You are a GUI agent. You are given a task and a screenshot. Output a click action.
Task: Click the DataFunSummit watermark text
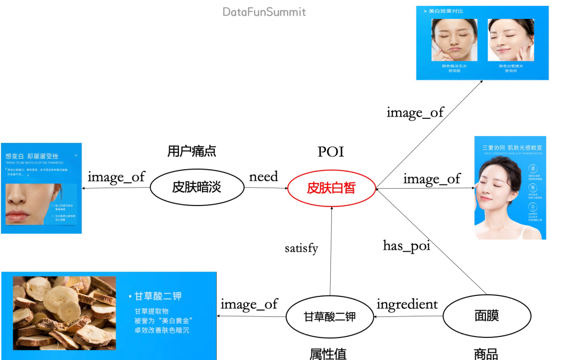pyautogui.click(x=264, y=12)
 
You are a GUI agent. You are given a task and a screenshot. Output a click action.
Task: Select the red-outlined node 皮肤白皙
pyautogui.click(x=331, y=188)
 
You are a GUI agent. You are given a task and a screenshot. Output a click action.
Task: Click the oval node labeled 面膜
pyautogui.click(x=486, y=315)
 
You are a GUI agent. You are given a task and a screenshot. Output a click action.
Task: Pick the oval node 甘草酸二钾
pyautogui.click(x=330, y=317)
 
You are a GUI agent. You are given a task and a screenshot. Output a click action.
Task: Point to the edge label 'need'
pyautogui.click(x=263, y=177)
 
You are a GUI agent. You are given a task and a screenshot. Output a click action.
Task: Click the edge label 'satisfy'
pyautogui.click(x=301, y=248)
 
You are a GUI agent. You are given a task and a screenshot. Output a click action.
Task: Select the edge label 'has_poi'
pyautogui.click(x=407, y=245)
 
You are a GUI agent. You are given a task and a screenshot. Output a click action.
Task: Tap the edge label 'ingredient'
pyautogui.click(x=407, y=304)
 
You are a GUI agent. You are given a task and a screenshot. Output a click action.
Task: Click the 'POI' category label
pyautogui.click(x=331, y=152)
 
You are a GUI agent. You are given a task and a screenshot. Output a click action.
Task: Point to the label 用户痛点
pyautogui.click(x=191, y=151)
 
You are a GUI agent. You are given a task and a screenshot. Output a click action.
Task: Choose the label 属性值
pyautogui.click(x=328, y=353)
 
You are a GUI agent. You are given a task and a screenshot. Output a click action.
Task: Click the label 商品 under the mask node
pyautogui.click(x=485, y=353)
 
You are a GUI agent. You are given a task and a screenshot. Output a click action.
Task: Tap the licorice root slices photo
pyautogui.click(x=64, y=313)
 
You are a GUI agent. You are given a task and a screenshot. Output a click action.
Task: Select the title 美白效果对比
pyautogui.click(x=446, y=11)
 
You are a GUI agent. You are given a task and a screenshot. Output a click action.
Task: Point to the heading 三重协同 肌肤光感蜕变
pyautogui.click(x=511, y=148)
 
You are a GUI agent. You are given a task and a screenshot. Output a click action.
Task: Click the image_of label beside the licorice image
pyautogui.click(x=249, y=304)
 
